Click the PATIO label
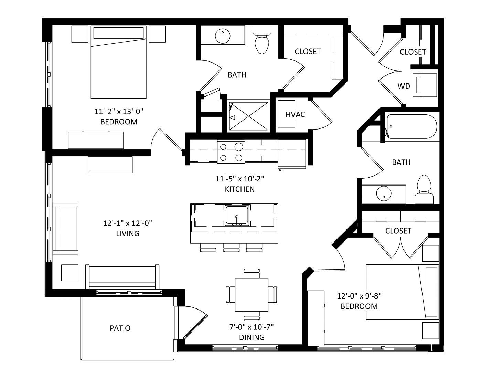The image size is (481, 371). click(x=120, y=328)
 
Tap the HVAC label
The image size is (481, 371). click(x=295, y=114)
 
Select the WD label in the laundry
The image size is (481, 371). click(x=404, y=86)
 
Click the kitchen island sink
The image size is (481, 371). click(x=237, y=215)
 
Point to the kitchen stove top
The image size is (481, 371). click(x=231, y=151)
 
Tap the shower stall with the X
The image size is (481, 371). click(x=248, y=116)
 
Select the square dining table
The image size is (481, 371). click(x=252, y=294)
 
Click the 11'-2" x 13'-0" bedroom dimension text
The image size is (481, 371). click(x=119, y=111)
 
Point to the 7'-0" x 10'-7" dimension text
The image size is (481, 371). click(x=252, y=327)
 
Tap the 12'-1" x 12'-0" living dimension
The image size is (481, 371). click(x=128, y=223)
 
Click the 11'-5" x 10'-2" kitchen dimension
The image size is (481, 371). click(x=240, y=179)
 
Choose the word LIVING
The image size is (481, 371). click(x=128, y=234)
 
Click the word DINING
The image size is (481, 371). click(x=252, y=337)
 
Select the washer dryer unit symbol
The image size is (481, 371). click(x=425, y=85)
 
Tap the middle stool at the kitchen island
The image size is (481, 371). click(x=231, y=248)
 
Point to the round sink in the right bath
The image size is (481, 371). click(x=384, y=193)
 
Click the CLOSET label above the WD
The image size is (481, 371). click(x=413, y=52)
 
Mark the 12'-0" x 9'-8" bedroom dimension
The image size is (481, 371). click(x=359, y=296)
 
